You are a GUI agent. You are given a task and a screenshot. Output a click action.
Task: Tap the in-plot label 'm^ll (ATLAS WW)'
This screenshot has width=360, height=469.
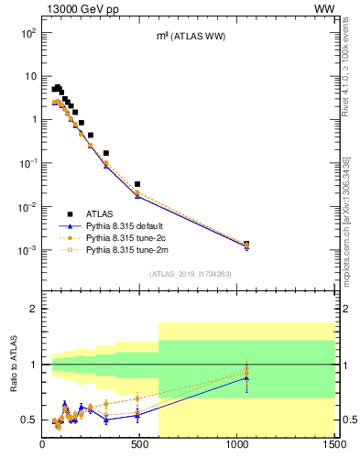point(191,36)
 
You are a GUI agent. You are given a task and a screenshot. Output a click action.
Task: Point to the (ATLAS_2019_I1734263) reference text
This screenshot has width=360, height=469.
point(188,274)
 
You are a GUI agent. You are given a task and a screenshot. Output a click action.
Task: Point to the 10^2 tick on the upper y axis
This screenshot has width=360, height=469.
point(27,33)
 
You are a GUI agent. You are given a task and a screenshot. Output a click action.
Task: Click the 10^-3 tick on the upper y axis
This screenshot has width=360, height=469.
point(27,250)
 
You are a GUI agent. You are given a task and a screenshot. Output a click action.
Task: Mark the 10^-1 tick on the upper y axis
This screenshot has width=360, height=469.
point(27,163)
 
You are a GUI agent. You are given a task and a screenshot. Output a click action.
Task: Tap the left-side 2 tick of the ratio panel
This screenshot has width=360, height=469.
point(33,310)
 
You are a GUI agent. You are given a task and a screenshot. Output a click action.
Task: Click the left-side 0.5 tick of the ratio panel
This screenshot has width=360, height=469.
point(29,420)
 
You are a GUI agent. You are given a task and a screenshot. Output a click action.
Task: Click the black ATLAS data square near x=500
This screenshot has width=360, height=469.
point(137,184)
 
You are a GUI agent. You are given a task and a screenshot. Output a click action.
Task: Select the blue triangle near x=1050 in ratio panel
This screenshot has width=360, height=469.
point(246,377)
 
